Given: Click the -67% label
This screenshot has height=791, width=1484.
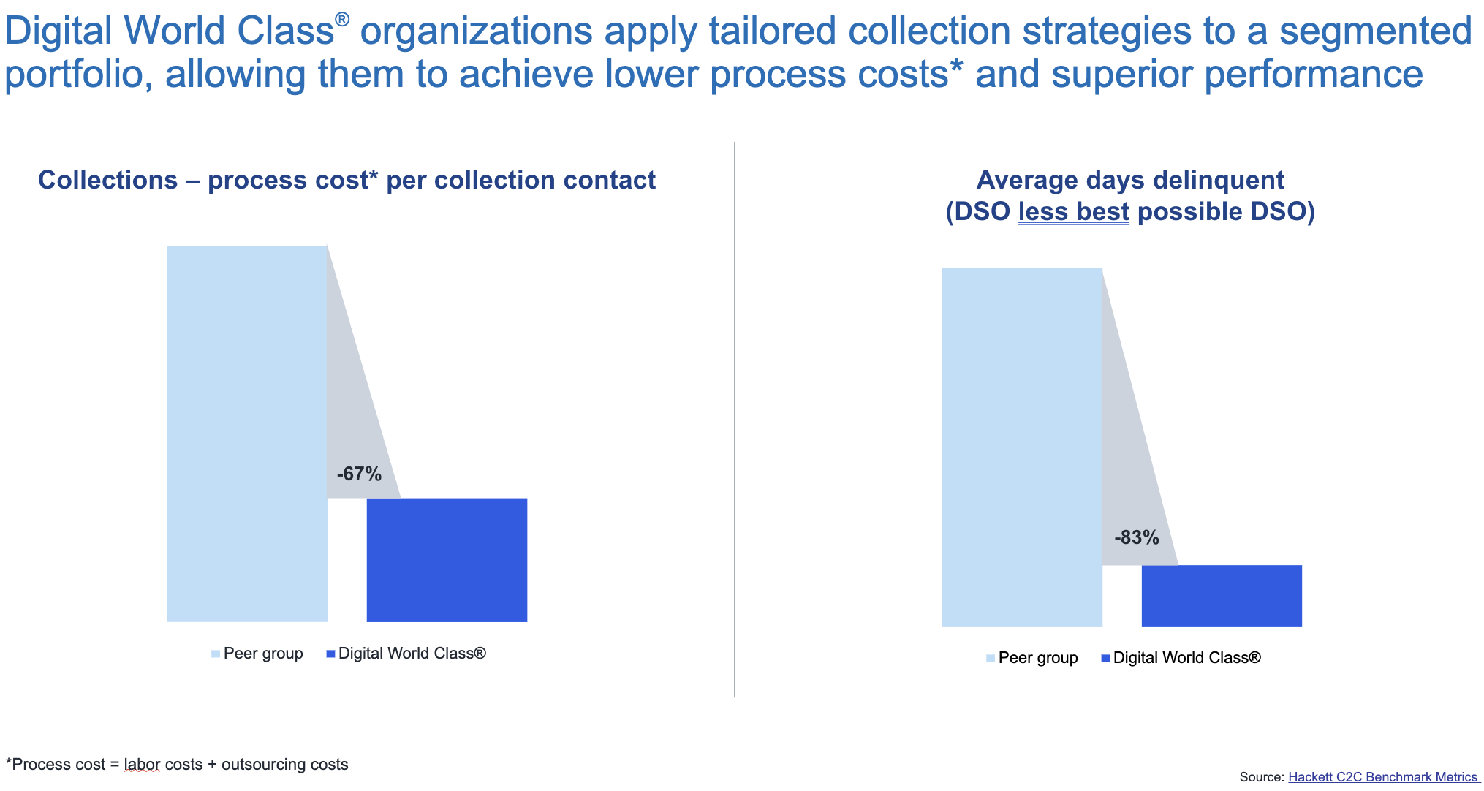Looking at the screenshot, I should (x=359, y=474).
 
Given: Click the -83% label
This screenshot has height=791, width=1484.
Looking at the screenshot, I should (x=1137, y=537).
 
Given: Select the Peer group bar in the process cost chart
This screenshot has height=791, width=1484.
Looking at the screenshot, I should (x=247, y=434).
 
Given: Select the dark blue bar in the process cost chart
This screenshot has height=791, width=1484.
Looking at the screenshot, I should (x=447, y=560).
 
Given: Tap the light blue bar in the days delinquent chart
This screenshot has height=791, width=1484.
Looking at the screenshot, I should (x=1022, y=447).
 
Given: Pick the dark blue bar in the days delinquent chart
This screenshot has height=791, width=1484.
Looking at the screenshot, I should (x=1222, y=595).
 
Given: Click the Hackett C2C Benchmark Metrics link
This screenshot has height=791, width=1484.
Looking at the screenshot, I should (x=1382, y=777).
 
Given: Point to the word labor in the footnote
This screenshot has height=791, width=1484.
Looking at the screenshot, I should (x=142, y=765).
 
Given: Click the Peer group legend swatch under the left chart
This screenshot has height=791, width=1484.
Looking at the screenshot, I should (x=216, y=654).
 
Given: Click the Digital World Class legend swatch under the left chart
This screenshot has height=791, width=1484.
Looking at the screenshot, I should (x=330, y=654).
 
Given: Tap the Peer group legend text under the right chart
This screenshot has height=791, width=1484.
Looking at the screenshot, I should (x=1038, y=658).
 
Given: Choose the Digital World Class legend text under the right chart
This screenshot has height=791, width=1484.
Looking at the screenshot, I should (x=1186, y=658).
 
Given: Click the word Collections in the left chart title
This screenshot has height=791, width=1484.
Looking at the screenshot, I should (x=108, y=180).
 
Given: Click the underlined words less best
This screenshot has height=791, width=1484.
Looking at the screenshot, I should (x=1074, y=211).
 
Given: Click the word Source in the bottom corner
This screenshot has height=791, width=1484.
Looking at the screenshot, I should (x=1260, y=777).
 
